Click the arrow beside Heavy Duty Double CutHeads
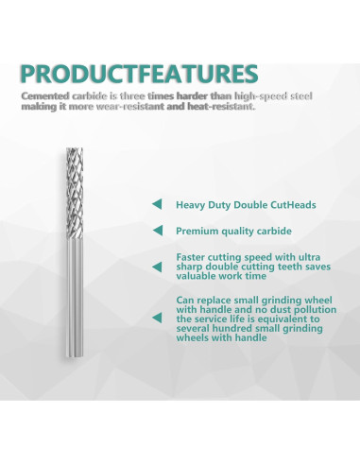pos(156,203)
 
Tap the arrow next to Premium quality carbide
pos(156,231)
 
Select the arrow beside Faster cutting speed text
pos(156,266)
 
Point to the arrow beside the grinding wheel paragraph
pos(156,318)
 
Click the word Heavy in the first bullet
pos(192,203)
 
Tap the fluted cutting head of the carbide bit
pos(75,184)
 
